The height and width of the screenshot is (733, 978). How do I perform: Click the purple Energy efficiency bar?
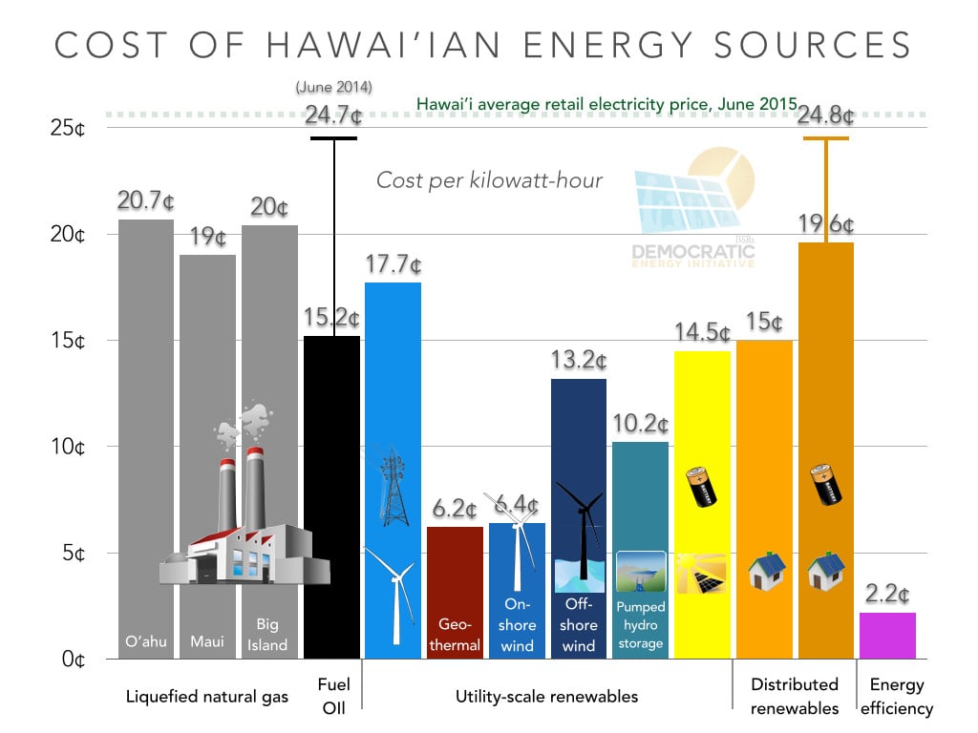coord(887,635)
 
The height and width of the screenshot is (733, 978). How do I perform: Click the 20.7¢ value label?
coord(145,201)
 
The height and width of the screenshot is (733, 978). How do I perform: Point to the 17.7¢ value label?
coord(393,264)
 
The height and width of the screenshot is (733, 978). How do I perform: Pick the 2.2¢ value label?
coord(887,595)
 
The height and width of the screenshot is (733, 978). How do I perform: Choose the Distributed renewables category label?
coord(795,696)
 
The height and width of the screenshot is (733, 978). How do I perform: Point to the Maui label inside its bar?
coord(207,641)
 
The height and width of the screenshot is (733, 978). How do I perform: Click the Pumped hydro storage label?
coord(640,625)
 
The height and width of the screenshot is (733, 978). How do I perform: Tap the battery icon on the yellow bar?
coord(702,486)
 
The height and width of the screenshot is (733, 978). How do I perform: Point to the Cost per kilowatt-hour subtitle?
coord(489,179)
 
